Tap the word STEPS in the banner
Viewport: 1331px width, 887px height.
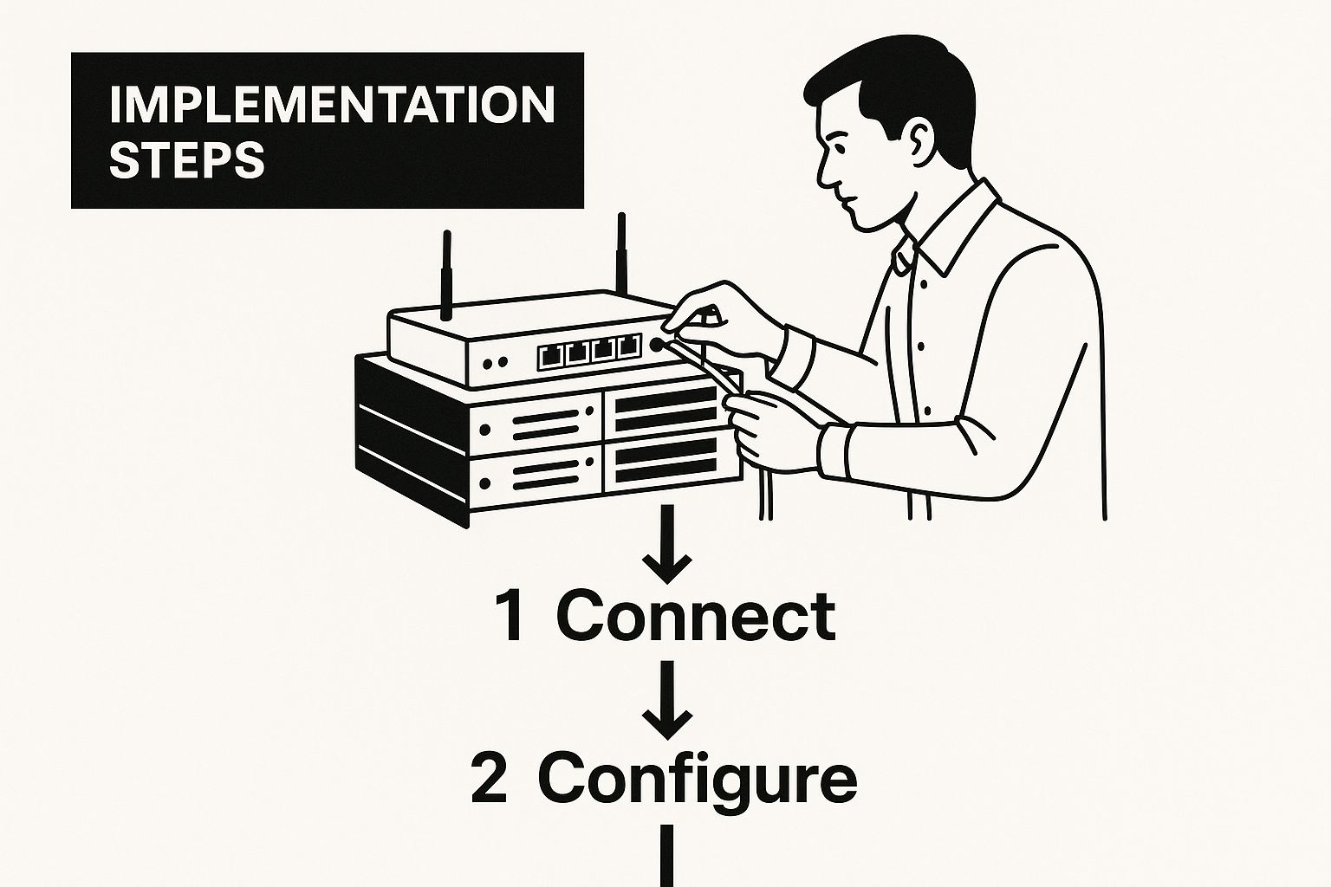[187, 159]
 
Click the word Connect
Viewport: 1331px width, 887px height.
[696, 618]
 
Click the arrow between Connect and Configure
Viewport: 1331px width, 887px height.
[667, 699]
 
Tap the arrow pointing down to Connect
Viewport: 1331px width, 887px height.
[667, 544]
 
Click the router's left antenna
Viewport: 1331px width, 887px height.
[446, 275]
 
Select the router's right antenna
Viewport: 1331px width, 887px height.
[621, 255]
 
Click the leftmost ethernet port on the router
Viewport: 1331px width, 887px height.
[549, 356]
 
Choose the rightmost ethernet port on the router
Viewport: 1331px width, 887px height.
[629, 346]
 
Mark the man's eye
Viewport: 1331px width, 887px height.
[839, 148]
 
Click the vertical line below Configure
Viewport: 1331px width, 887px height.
[666, 856]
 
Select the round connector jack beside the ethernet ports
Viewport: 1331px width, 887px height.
[657, 344]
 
